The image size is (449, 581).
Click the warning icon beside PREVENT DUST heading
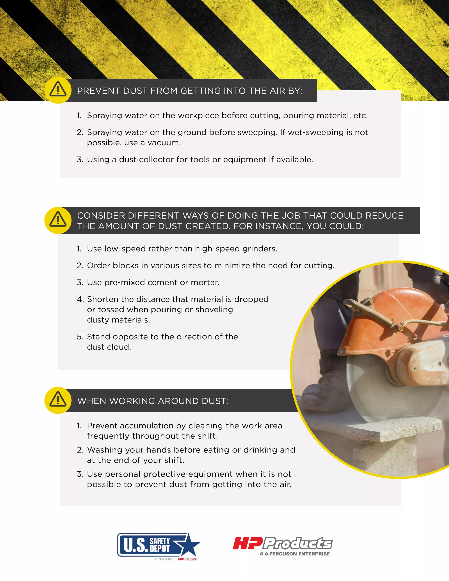coord(58,90)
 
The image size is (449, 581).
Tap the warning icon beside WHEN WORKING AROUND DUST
coord(58,400)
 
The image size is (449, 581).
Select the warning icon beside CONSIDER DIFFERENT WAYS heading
coord(58,220)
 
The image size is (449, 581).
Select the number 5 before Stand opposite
coord(80,337)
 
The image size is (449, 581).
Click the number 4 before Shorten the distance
coord(80,299)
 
